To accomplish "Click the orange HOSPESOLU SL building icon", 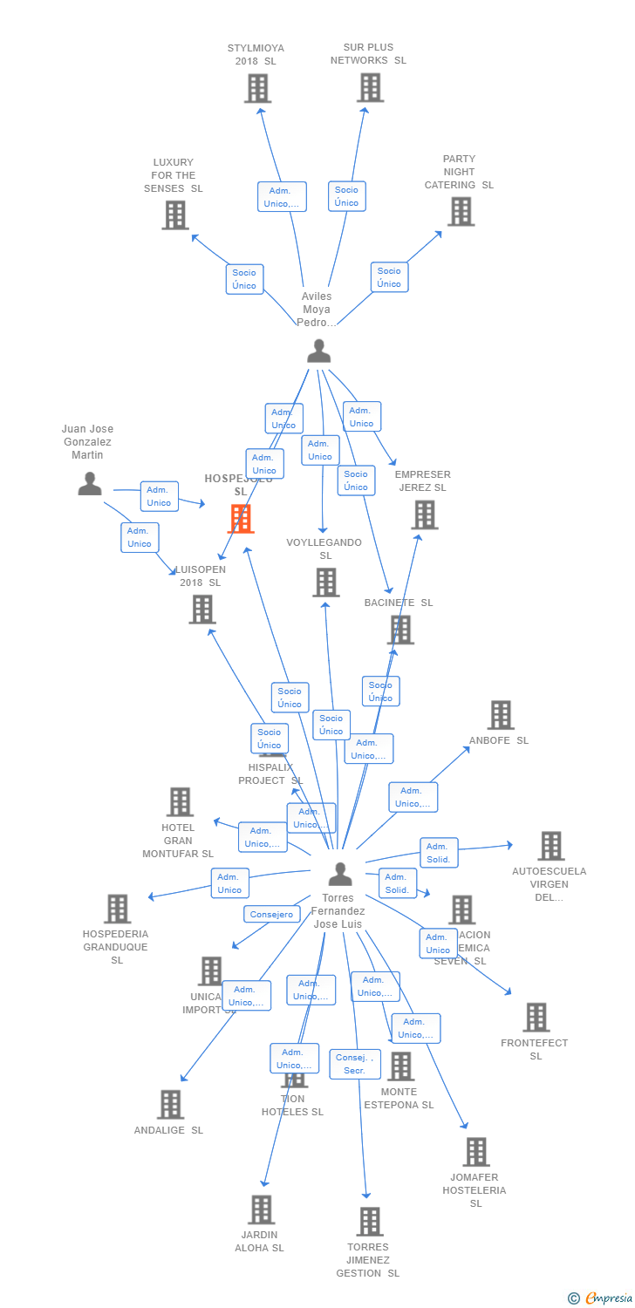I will [x=241, y=518].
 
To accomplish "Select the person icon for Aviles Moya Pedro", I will [x=319, y=351].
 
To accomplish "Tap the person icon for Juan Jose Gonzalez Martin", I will [x=90, y=483].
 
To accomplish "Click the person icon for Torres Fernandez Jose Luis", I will [x=340, y=873].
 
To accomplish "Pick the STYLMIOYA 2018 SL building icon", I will [x=257, y=88].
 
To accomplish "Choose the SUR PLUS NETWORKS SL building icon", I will [x=370, y=87].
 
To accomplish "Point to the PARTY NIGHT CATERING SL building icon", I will [x=461, y=211].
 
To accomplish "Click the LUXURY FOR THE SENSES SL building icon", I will [x=174, y=215].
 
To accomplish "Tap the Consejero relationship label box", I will [x=271, y=915].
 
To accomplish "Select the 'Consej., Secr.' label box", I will [x=355, y=1064].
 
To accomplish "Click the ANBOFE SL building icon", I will [x=500, y=715].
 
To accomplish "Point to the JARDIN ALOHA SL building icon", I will [x=262, y=1209].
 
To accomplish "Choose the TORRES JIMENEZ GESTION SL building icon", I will [x=370, y=1222].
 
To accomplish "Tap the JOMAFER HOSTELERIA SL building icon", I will [x=475, y=1152].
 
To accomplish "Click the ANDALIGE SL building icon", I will [x=170, y=1104].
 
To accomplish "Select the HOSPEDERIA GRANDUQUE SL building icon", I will [x=117, y=909].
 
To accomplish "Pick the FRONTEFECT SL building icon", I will [x=536, y=1017].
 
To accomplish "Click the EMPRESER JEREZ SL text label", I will [x=423, y=481].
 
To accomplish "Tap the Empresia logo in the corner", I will [x=601, y=1298].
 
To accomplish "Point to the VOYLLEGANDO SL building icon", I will [x=325, y=582].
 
